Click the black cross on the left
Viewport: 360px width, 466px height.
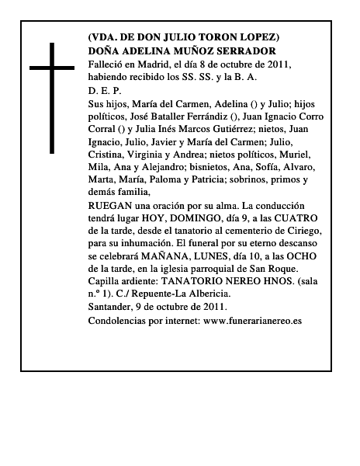pyautogui.click(x=52, y=98)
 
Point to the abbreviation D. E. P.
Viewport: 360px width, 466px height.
pyautogui.click(x=106, y=90)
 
